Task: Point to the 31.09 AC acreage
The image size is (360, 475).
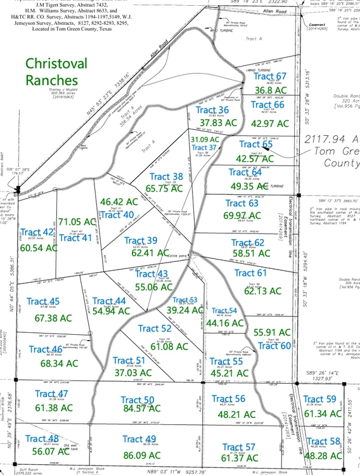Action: click(204, 139)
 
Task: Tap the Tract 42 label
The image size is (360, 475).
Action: click(37, 233)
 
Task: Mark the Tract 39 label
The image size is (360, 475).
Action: click(141, 240)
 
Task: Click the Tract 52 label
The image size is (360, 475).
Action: click(155, 329)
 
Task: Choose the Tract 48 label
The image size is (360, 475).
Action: click(42, 438)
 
